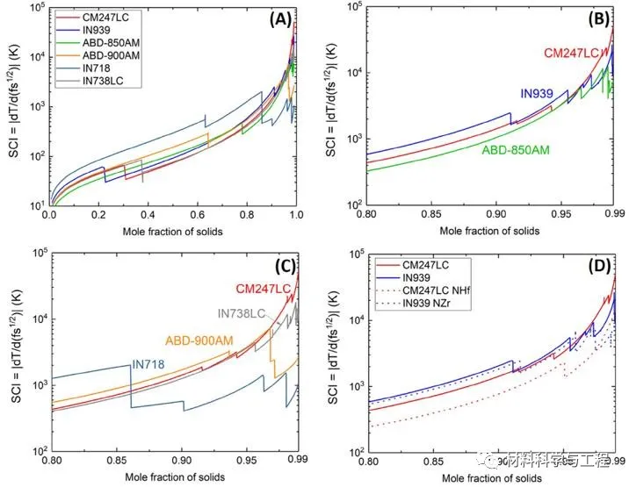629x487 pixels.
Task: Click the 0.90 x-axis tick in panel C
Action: (x=182, y=458)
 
